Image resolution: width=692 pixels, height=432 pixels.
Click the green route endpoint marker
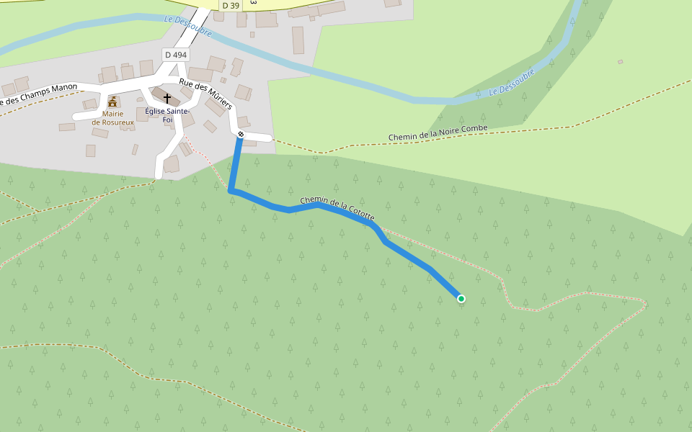(x=461, y=299)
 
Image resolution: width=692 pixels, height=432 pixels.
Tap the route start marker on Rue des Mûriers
(x=241, y=135)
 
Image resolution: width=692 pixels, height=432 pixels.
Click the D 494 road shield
(x=175, y=55)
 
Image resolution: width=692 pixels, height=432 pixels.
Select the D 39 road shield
(x=231, y=6)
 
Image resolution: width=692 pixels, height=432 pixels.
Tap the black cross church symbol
(x=167, y=98)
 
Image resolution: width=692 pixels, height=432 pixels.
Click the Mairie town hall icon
(x=112, y=102)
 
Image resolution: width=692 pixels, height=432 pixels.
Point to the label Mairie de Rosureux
(x=112, y=118)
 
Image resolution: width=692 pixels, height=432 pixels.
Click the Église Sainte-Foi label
(x=167, y=115)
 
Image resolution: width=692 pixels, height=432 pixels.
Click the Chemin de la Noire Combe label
(x=438, y=132)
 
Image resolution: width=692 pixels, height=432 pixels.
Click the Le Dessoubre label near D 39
(x=187, y=27)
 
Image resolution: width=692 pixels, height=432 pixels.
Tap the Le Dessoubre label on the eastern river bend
(x=512, y=82)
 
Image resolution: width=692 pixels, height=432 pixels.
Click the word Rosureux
(x=117, y=122)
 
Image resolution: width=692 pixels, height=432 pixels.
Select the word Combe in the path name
(x=474, y=129)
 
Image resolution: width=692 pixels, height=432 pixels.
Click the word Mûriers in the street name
(x=218, y=100)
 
